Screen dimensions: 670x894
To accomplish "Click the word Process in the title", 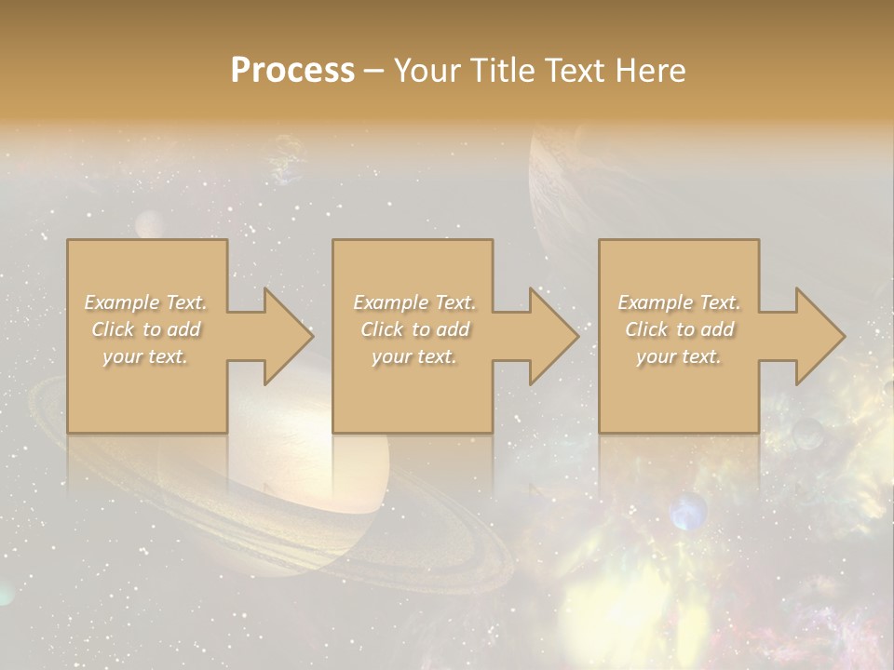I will coord(292,71).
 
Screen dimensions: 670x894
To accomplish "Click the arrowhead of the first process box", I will coord(284,336).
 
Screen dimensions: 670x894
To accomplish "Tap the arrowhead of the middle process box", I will coord(550,336).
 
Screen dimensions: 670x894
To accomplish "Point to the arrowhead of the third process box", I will coord(817,336).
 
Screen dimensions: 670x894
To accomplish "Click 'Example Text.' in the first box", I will coord(146,302).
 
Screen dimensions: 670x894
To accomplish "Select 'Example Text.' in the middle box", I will coord(414,302).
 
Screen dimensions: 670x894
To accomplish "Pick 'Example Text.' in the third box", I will coord(679,302).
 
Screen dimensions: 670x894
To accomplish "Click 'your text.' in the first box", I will coord(146,356).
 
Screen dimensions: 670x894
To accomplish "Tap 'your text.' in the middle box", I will coord(414,356).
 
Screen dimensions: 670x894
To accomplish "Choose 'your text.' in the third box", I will coord(679,356).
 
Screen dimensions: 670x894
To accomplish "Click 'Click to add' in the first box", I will coord(146,329).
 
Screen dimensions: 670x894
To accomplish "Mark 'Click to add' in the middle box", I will coord(414,329).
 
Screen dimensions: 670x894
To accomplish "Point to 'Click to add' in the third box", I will coord(679,329).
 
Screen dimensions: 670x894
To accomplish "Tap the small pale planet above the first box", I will coord(150,224).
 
